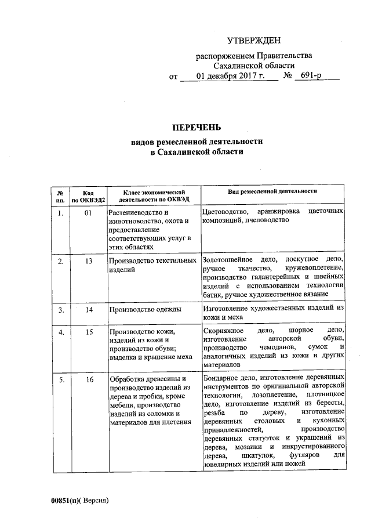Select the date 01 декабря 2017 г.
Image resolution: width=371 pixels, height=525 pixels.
tap(230, 76)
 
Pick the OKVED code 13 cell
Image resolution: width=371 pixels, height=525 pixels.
tap(89, 261)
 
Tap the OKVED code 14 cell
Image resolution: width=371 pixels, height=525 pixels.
tap(89, 310)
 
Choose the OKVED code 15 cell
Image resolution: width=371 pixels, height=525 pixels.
tap(89, 331)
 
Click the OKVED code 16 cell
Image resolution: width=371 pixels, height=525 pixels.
tap(89, 379)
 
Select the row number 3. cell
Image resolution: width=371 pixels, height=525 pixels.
tap(60, 310)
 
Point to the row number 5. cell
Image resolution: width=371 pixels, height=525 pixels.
tap(60, 379)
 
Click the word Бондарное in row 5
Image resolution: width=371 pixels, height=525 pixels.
tap(221, 378)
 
